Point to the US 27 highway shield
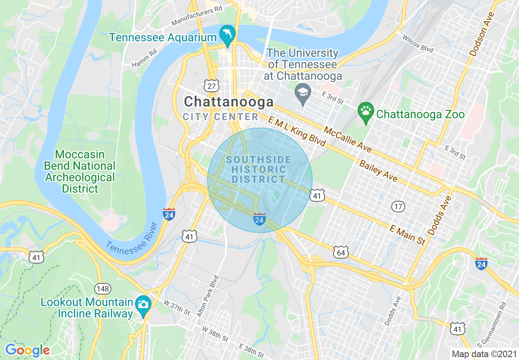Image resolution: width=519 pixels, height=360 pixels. coord(211,86)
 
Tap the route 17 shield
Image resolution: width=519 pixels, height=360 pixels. coord(398,206)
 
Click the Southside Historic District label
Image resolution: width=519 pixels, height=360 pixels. coord(259,169)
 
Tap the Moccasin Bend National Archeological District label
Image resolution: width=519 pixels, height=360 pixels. coord(80,172)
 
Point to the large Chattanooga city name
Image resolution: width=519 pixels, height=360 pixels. coord(228,101)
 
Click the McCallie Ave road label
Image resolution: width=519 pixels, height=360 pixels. coord(348,139)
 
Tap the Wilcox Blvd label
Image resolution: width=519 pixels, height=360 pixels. coord(417,43)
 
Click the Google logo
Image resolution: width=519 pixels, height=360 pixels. coord(27,350)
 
